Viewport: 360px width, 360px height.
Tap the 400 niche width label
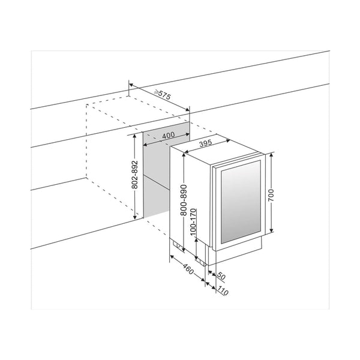coord(168,135)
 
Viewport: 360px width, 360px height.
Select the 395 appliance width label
coord(205,143)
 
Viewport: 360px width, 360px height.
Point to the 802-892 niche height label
coord(135,175)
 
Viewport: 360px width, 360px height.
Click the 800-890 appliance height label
coord(184,200)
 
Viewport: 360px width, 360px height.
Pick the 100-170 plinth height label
coord(194,222)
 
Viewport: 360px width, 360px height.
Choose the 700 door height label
coord(271,195)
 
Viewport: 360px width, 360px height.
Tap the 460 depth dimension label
coord(188,269)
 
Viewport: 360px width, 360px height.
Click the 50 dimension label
coord(221,276)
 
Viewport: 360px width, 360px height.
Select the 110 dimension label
coord(223,290)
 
